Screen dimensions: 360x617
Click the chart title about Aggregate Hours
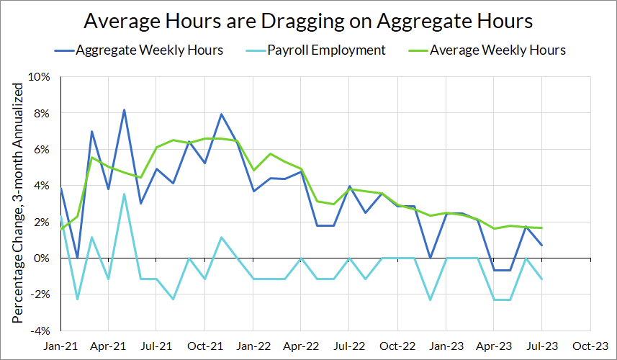coord(308,21)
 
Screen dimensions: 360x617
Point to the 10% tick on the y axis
coord(39,77)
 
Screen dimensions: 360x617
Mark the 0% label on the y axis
coord(41,258)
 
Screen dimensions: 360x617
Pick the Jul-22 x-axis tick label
coord(348,346)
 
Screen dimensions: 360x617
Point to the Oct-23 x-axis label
coord(589,346)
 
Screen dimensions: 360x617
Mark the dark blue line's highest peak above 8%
coord(124,110)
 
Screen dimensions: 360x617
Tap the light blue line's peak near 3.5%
coord(124,194)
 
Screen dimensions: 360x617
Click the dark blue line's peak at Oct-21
coord(221,114)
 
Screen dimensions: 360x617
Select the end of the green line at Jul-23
coord(541,228)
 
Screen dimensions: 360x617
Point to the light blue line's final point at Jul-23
coord(541,279)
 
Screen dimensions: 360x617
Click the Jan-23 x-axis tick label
coord(445,346)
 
